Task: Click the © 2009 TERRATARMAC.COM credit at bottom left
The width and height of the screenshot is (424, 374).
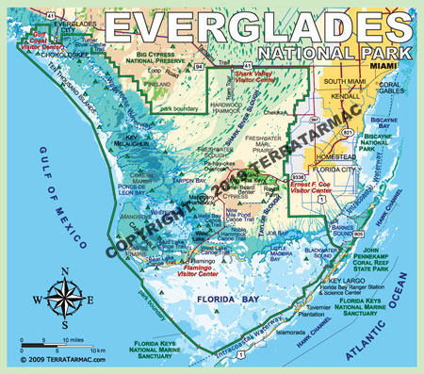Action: click(57, 360)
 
